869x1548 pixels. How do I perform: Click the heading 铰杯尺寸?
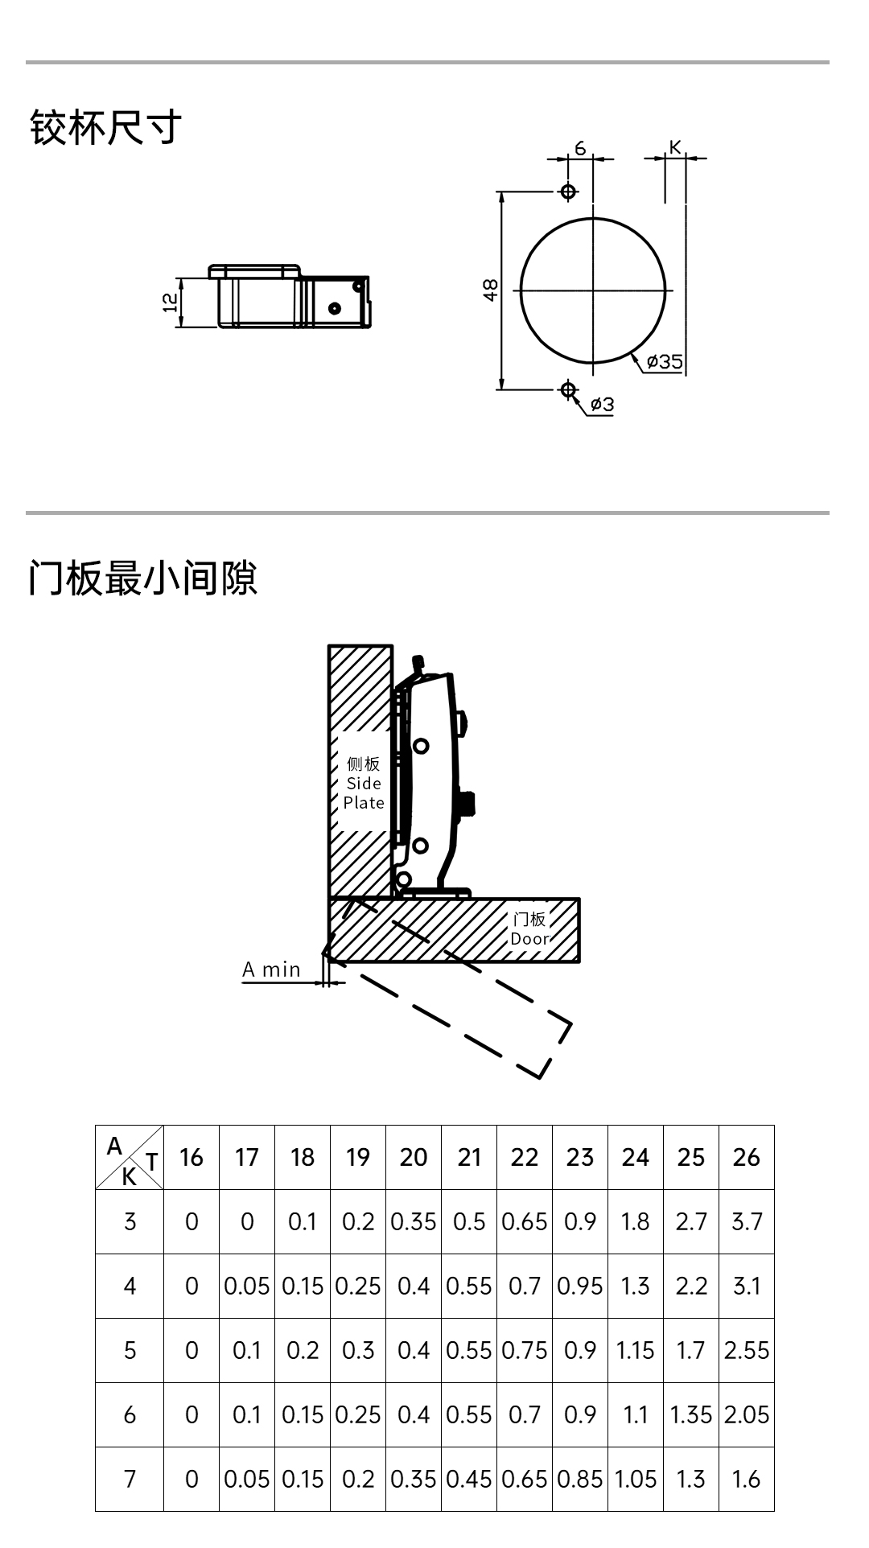point(105,127)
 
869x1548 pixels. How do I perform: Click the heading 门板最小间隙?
point(142,578)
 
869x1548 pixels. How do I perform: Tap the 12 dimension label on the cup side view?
point(170,303)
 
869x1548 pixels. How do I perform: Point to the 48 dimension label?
point(490,290)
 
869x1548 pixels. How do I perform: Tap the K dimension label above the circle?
point(675,146)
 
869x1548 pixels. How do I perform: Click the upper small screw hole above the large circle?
point(568,191)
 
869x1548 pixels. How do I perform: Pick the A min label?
point(271,970)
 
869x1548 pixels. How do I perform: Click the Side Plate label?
point(364,783)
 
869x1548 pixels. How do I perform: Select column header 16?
point(192,1157)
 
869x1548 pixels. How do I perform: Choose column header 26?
point(747,1157)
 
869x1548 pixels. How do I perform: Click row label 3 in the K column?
point(130,1221)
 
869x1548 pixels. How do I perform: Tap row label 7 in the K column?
point(130,1479)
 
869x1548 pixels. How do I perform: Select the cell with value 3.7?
point(747,1221)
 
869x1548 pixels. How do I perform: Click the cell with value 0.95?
point(580,1286)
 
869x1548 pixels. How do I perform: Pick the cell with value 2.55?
point(747,1350)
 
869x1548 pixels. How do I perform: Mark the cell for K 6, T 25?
point(691,1414)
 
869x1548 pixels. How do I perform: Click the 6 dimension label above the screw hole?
point(580,148)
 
